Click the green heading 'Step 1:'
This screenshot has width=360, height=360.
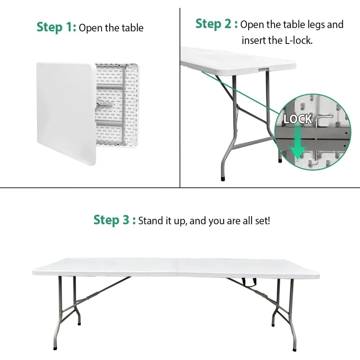56,27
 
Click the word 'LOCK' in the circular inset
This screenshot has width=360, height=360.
297,119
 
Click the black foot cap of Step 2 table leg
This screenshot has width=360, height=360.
222,178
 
